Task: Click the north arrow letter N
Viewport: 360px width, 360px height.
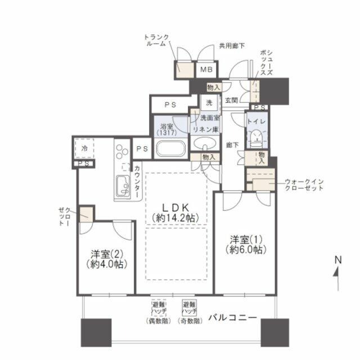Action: (338, 260)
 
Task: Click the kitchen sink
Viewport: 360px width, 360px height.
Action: (123, 183)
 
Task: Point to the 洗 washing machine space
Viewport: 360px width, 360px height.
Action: (209, 103)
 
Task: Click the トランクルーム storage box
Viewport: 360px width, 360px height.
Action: (183, 69)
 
